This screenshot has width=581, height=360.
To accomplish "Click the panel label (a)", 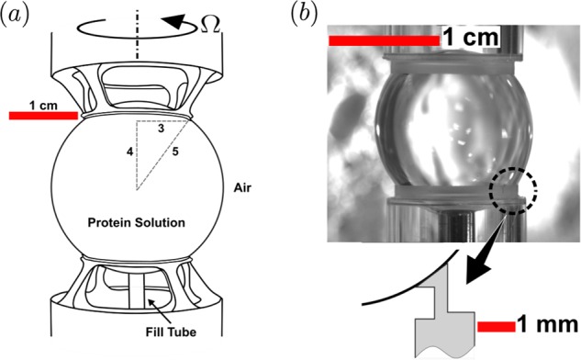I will tap(19, 15).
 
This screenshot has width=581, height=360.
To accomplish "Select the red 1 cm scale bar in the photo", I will tap(383, 39).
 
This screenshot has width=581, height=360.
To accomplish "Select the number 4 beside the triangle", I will tap(129, 150).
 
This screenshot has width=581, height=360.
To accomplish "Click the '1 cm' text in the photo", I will tap(470, 39).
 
